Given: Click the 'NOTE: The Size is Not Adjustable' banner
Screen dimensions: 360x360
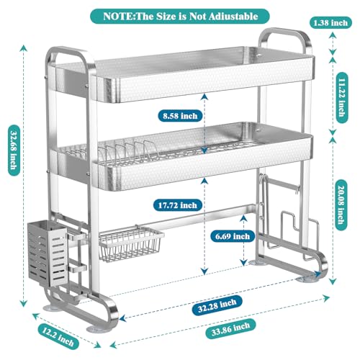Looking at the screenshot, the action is coord(180,17).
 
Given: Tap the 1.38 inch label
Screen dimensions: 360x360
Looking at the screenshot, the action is coord(330,23).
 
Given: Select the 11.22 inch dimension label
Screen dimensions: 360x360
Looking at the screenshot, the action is coord(341,98).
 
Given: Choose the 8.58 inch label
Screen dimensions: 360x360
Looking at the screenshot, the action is coord(180,116).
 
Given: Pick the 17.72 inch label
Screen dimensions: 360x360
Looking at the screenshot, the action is coord(178,205).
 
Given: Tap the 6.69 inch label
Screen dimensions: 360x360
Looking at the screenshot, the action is coord(233,236).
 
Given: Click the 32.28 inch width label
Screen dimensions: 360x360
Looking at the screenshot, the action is coord(217,305).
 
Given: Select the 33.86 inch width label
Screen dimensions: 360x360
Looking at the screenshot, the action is coord(231,329).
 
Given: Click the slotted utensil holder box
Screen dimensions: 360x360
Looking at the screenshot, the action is coord(47,254).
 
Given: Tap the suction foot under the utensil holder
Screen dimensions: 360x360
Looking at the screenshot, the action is coord(51,308).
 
